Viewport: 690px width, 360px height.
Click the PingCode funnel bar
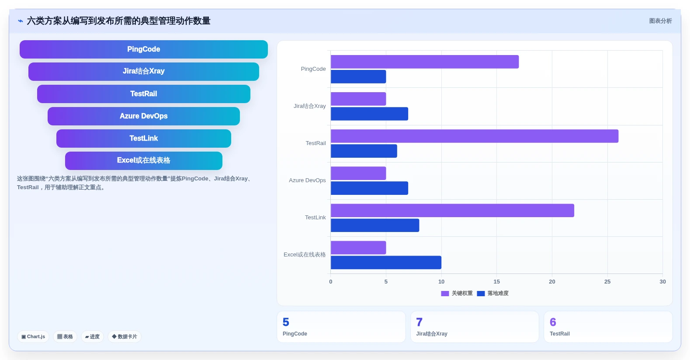(143, 49)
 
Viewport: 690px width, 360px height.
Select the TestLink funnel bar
(143, 138)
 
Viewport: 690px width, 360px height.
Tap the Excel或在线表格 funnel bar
(143, 160)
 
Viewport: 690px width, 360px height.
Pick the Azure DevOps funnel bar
(143, 116)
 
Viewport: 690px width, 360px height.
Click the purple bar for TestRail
(475, 136)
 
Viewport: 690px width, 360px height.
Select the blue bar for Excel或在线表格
(386, 263)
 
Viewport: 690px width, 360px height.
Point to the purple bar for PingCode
(425, 62)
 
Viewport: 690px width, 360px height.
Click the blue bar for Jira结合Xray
(369, 114)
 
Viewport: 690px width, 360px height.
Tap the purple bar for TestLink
(453, 210)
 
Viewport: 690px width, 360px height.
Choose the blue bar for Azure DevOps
(369, 188)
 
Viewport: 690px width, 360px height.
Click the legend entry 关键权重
(457, 294)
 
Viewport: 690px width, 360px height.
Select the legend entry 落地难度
(492, 294)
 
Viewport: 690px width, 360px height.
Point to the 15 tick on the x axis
(496, 282)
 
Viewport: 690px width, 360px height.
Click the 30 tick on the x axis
(662, 282)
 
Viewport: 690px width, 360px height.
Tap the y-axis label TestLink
(315, 218)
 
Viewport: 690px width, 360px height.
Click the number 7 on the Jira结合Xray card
(419, 322)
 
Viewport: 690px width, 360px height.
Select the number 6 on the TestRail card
(553, 322)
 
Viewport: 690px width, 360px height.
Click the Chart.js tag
(33, 336)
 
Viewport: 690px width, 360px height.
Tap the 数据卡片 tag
(125, 336)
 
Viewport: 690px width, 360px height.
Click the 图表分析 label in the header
(660, 21)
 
